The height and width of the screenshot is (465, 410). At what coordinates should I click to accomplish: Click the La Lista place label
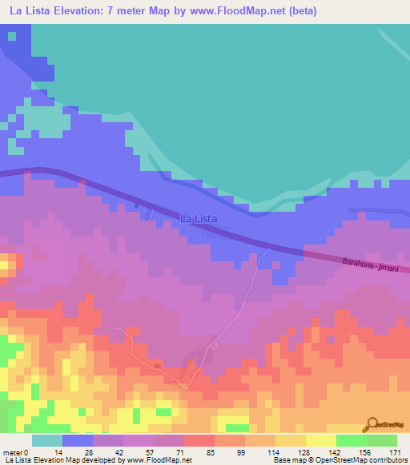[199, 217]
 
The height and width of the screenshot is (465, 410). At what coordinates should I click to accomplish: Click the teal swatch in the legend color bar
[46, 440]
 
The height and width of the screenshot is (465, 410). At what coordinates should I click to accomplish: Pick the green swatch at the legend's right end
[381, 440]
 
